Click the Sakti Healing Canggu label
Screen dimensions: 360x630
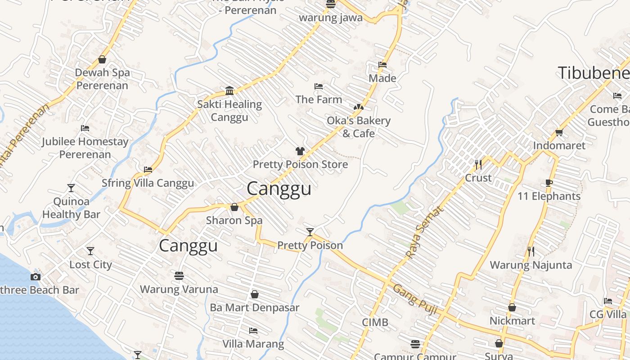229,111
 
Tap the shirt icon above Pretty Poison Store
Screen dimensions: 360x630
300,151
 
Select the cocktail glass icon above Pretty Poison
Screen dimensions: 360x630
310,232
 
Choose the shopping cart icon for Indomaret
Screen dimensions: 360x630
559,132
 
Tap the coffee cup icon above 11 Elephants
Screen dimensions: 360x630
549,183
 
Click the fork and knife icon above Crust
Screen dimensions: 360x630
478,165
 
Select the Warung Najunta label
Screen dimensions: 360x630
531,265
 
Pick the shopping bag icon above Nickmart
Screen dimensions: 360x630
512,308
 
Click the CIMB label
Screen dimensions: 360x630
375,323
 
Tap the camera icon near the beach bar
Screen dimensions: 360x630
36,277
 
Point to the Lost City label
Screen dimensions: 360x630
90,265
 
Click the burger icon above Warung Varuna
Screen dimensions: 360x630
179,275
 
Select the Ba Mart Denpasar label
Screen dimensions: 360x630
254,308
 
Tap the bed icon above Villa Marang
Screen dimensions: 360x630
253,331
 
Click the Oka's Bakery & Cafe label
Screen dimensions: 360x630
358,127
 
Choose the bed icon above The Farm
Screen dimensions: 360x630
319,86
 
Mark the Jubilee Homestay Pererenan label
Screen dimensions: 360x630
85,148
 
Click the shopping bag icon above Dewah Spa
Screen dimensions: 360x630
102,59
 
